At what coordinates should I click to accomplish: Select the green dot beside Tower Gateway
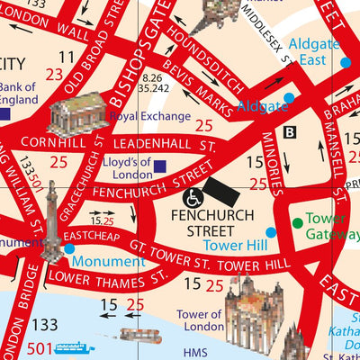click(x=297, y=222)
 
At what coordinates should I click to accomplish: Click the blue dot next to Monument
click(x=69, y=248)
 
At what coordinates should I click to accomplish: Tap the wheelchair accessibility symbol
click(x=192, y=197)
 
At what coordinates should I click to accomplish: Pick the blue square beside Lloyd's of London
click(x=159, y=166)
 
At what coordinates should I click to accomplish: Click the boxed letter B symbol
click(x=289, y=133)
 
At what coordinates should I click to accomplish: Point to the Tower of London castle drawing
click(x=249, y=315)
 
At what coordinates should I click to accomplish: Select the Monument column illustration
click(x=50, y=220)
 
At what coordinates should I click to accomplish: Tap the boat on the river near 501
click(x=74, y=347)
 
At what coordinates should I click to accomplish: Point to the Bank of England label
click(x=19, y=93)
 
